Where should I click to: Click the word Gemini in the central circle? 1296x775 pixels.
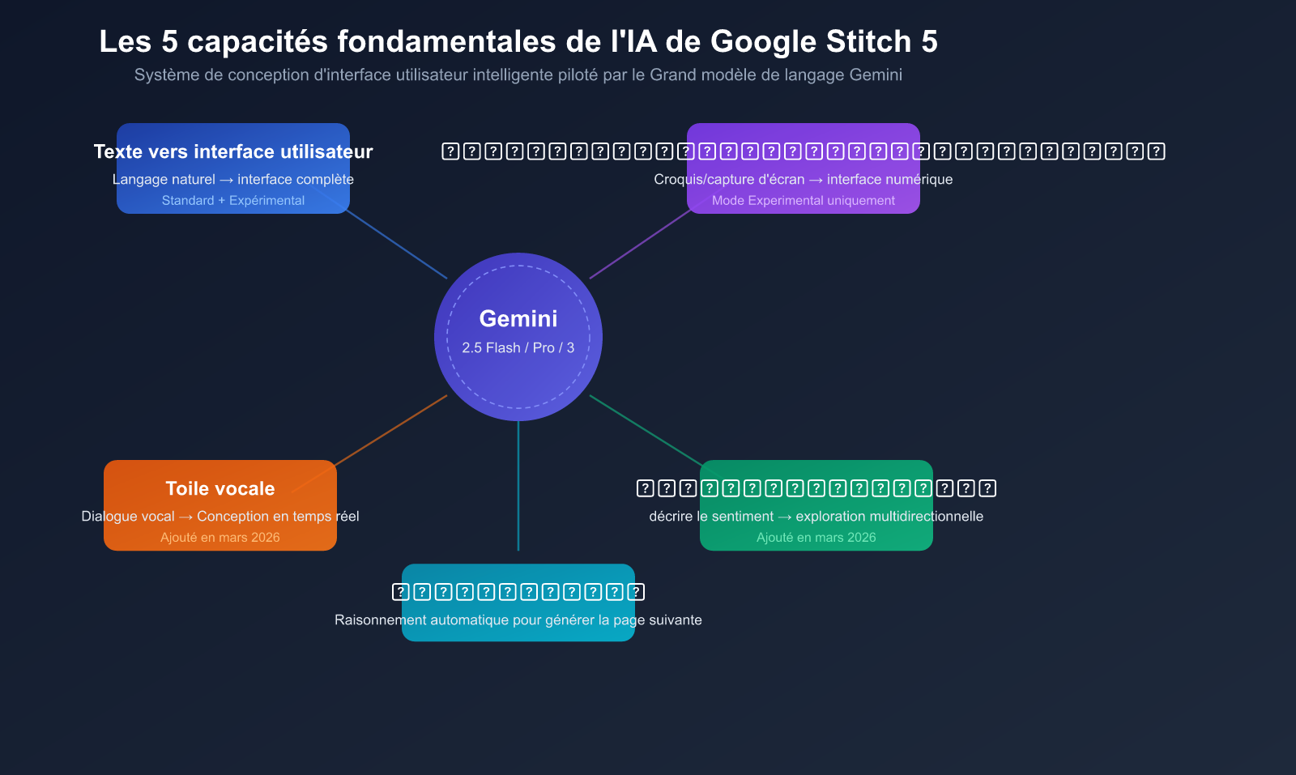coord(518,318)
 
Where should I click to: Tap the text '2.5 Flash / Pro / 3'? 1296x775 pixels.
coord(518,347)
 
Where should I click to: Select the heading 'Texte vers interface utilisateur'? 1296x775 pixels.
coord(233,151)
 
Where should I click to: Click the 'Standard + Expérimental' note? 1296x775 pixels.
coord(233,200)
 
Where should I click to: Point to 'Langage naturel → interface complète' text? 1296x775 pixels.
coord(233,179)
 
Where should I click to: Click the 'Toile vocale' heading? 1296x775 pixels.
coord(220,488)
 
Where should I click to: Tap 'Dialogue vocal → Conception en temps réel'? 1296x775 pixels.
coord(220,516)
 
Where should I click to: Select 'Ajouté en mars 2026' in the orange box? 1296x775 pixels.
coord(220,537)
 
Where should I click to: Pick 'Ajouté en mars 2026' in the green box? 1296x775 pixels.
coord(816,537)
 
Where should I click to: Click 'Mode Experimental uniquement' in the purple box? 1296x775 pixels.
coord(804,200)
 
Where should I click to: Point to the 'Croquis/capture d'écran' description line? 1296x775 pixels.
coord(804,179)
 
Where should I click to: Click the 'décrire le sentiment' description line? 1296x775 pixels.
coord(816,516)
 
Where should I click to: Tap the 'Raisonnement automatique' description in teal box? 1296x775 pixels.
coord(518,620)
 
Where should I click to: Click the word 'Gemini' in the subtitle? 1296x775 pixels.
coord(876,75)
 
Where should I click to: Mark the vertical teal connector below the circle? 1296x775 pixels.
coord(518,486)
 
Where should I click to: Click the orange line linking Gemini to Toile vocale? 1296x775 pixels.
coord(389,432)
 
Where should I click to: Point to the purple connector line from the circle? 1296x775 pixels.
coord(640,245)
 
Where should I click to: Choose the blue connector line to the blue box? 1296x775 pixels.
coord(397,245)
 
